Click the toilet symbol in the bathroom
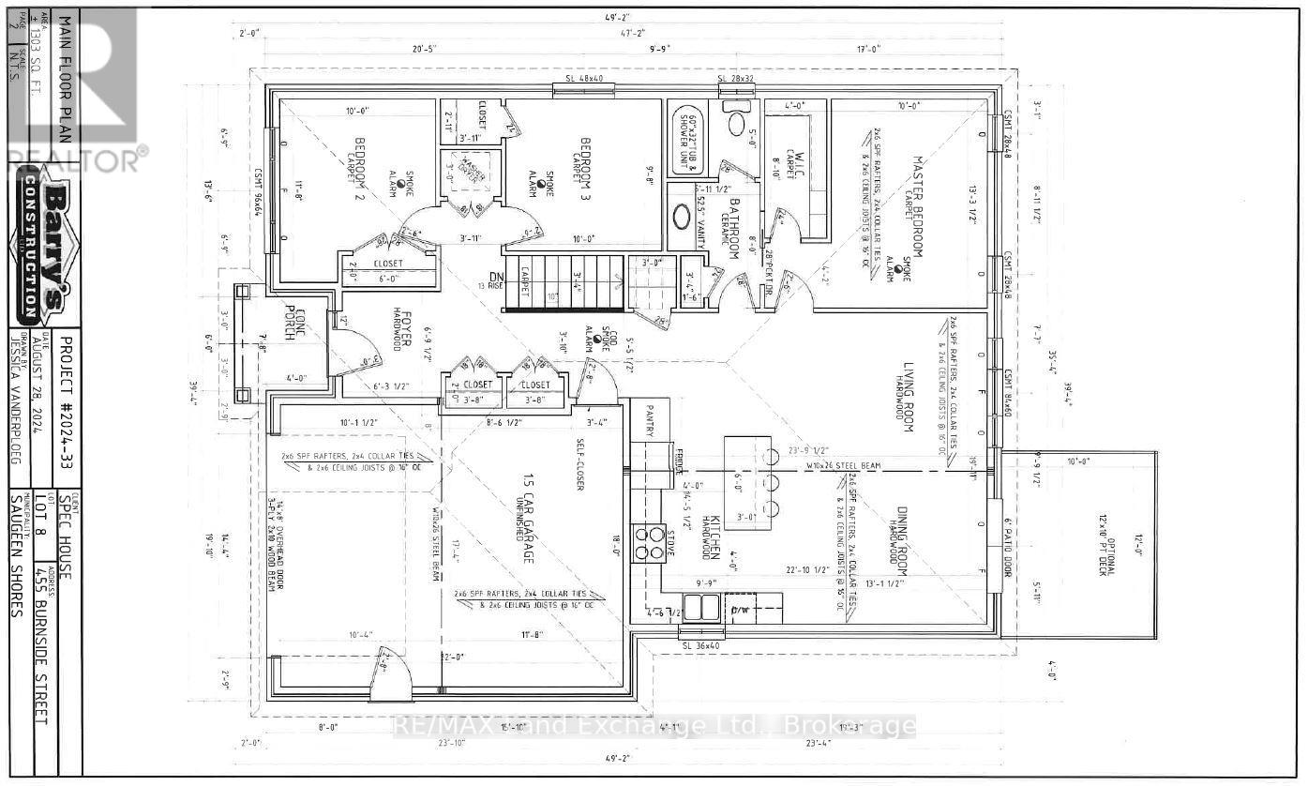[736, 124]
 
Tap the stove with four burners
[649, 542]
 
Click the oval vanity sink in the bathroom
[683, 218]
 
